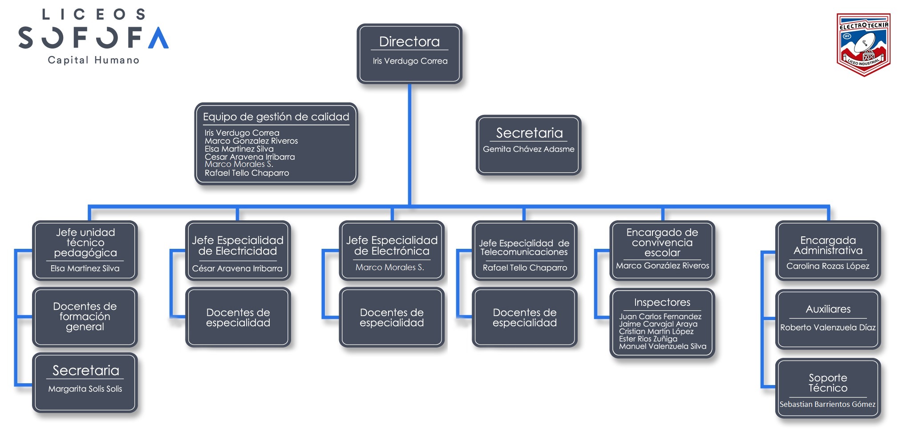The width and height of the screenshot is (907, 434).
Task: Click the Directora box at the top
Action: [x=409, y=54]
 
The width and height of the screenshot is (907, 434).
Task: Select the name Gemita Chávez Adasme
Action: [x=529, y=149]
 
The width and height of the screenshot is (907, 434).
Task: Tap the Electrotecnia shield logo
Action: [x=863, y=45]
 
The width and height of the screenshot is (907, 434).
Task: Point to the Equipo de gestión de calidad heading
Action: [x=276, y=117]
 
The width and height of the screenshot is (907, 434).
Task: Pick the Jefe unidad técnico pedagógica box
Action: [x=85, y=251]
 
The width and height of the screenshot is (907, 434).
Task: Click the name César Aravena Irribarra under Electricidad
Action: [x=237, y=268]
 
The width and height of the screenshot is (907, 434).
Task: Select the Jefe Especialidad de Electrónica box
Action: [x=392, y=251]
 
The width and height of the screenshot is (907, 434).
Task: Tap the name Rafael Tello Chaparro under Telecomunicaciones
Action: [x=525, y=268]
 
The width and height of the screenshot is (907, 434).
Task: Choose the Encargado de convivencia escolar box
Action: [x=662, y=251]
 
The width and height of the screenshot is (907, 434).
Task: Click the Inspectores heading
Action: [x=662, y=302]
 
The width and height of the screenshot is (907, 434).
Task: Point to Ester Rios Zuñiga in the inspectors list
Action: [x=648, y=339]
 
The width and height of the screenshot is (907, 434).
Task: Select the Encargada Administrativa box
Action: [x=828, y=251]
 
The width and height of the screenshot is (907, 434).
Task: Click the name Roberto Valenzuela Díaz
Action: [x=828, y=328]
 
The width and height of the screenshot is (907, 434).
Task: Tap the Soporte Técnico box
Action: [x=828, y=388]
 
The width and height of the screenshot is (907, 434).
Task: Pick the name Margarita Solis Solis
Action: [x=85, y=389]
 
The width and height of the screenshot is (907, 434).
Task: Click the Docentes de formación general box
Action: [x=85, y=317]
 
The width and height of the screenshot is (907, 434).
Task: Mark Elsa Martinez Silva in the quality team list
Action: [x=239, y=149]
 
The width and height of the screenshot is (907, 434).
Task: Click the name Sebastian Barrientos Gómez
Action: [x=828, y=404]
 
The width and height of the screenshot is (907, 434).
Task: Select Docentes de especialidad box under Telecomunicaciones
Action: [x=525, y=317]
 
